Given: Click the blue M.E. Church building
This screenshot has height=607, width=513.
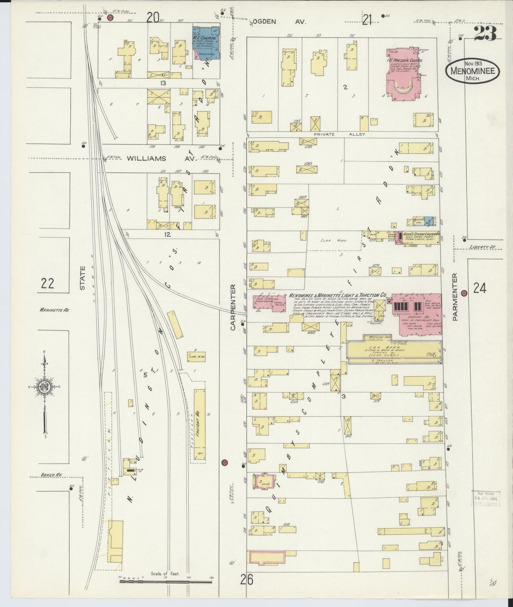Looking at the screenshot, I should [x=206, y=41].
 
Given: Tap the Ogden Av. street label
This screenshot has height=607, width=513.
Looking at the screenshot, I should [x=280, y=21].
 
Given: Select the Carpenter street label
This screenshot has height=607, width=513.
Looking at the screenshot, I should [x=233, y=307].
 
